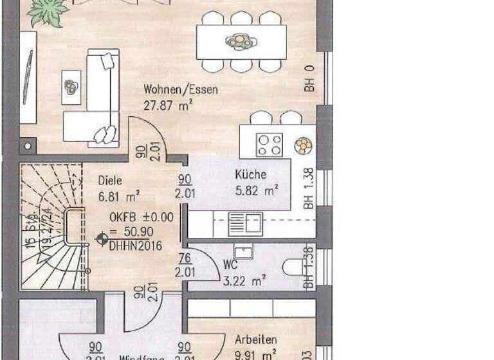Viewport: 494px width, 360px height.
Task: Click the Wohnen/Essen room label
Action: click(x=181, y=90)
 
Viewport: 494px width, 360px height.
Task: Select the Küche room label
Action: click(x=251, y=174)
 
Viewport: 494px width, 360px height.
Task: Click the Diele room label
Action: click(x=111, y=181)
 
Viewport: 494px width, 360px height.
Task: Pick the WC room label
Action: click(x=230, y=264)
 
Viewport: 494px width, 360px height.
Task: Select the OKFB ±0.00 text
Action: click(x=141, y=217)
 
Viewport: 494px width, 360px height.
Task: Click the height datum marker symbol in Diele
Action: click(x=101, y=239)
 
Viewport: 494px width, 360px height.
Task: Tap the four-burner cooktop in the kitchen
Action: click(x=269, y=144)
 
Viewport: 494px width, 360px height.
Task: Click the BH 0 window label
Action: click(x=309, y=78)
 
